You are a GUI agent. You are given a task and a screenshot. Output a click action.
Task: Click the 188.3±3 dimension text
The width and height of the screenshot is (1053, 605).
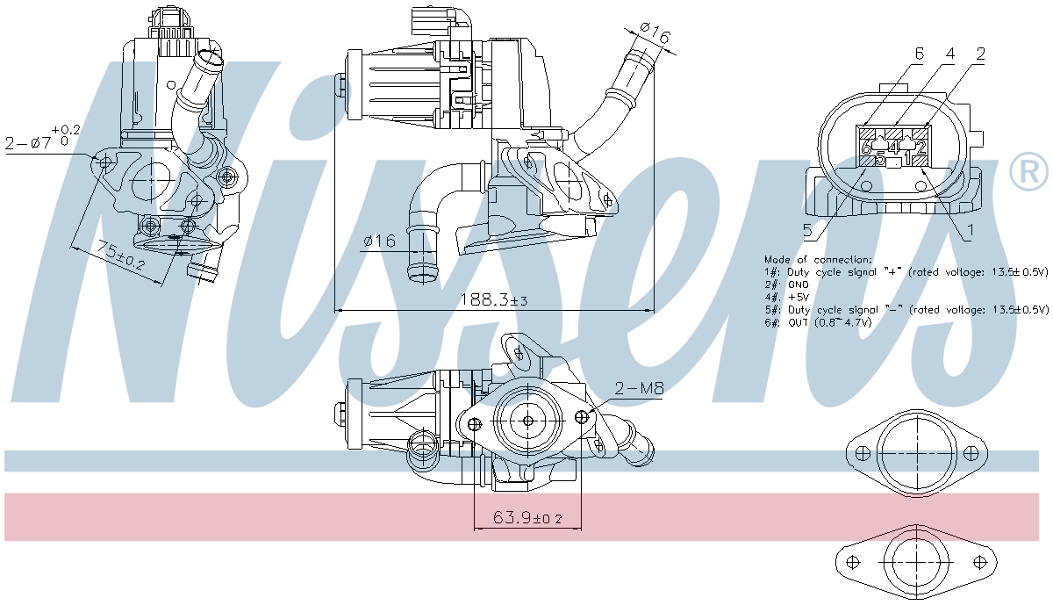(494, 300)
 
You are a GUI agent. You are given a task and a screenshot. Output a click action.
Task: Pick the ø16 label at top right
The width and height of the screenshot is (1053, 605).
(655, 33)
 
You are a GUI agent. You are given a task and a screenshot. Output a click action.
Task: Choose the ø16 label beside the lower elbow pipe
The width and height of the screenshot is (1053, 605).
(379, 241)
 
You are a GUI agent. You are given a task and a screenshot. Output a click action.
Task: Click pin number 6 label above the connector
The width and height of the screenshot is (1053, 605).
(918, 54)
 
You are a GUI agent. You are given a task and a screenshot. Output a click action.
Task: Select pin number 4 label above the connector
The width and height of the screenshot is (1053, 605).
(949, 54)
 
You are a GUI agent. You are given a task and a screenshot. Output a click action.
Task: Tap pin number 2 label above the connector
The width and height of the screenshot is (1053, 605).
(980, 54)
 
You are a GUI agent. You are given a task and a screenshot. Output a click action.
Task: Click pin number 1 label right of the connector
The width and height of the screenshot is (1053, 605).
(970, 231)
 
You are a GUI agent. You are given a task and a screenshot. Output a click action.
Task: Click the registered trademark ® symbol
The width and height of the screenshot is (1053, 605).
(1028, 172)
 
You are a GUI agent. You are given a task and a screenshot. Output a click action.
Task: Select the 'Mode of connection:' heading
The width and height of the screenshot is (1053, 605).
(818, 260)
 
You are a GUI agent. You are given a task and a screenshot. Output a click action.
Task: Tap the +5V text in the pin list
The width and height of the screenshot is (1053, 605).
(799, 298)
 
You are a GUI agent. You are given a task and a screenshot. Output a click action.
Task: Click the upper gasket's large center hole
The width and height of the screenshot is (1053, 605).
(915, 453)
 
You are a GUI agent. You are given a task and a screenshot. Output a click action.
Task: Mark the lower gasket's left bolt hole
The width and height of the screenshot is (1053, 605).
(850, 562)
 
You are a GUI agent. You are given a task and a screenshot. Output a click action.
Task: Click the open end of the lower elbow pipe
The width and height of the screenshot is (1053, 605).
(421, 276)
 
